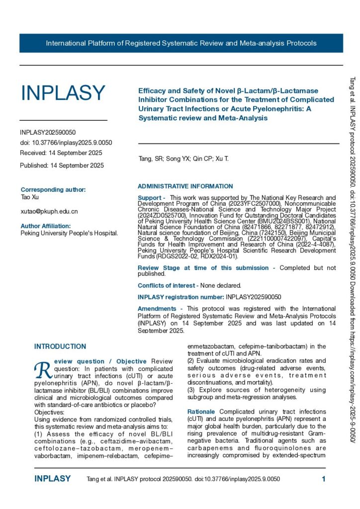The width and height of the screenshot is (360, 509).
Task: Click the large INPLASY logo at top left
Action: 63,93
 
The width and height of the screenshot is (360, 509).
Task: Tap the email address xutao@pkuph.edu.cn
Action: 49,211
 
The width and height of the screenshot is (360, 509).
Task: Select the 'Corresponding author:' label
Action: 53,189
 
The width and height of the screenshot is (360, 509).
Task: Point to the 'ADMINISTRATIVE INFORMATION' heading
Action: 185,186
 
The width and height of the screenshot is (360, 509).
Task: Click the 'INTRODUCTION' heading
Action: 60,346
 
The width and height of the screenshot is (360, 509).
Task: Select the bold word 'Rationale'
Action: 201,412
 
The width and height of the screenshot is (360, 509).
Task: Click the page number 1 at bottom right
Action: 323,479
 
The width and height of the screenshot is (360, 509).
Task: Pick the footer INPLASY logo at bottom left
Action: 53,479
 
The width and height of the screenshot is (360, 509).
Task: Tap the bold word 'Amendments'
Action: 157,309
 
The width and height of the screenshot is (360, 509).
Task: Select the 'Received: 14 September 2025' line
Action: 61,153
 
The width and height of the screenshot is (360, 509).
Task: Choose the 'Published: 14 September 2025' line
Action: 62,166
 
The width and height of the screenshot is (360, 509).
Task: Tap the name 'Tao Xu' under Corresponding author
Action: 30,197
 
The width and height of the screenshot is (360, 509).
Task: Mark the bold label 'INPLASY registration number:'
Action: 181,297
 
